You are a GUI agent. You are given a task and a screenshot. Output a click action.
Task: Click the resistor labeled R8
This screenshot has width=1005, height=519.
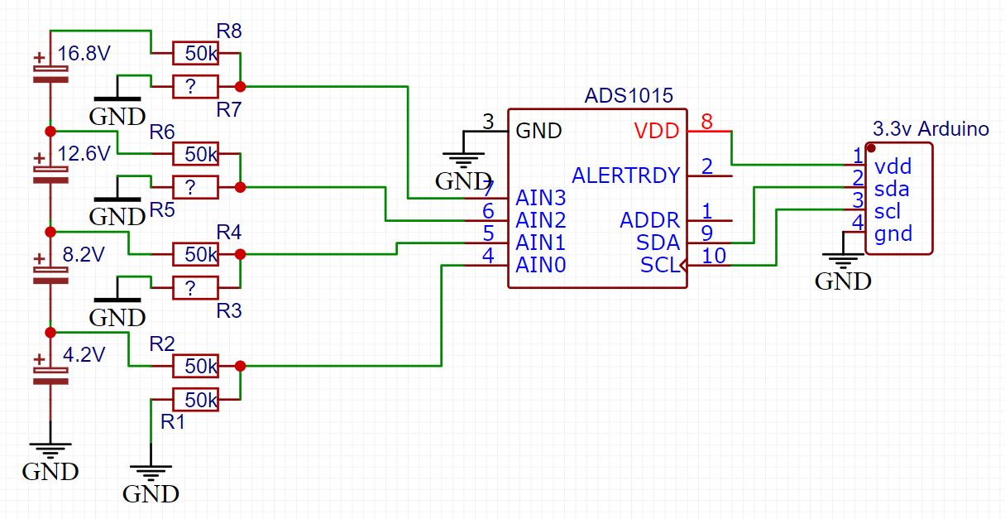(x=195, y=53)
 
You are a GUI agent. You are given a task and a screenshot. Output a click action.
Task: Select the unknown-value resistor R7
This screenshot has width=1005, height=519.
(x=195, y=87)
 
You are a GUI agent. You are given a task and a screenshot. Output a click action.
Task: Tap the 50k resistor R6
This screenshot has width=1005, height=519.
(x=195, y=153)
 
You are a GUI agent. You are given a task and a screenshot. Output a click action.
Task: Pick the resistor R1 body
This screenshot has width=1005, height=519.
(x=195, y=400)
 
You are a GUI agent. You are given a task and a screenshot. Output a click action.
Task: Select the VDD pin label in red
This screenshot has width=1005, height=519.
(x=657, y=131)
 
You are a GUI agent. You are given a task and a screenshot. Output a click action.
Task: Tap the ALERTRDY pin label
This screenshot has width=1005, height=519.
(x=625, y=175)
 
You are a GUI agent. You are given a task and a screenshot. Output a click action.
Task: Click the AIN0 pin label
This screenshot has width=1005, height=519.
(x=542, y=266)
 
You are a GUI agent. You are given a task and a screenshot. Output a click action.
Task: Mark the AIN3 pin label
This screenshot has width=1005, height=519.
(x=542, y=199)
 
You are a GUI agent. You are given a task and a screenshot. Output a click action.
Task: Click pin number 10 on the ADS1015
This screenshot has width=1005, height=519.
(x=713, y=256)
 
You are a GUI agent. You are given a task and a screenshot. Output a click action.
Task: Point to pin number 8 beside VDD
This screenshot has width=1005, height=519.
(x=706, y=122)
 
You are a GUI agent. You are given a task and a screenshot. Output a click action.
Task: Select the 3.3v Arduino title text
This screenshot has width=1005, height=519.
(x=931, y=129)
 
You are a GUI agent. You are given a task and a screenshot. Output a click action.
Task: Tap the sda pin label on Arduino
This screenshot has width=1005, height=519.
(x=892, y=189)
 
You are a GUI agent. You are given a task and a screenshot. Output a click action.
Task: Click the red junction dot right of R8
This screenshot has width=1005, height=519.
(x=240, y=86)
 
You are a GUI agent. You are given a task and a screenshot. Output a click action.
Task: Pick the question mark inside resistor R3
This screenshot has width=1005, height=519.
(x=191, y=288)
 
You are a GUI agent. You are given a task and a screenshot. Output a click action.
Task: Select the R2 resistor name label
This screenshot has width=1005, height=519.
(x=162, y=344)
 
